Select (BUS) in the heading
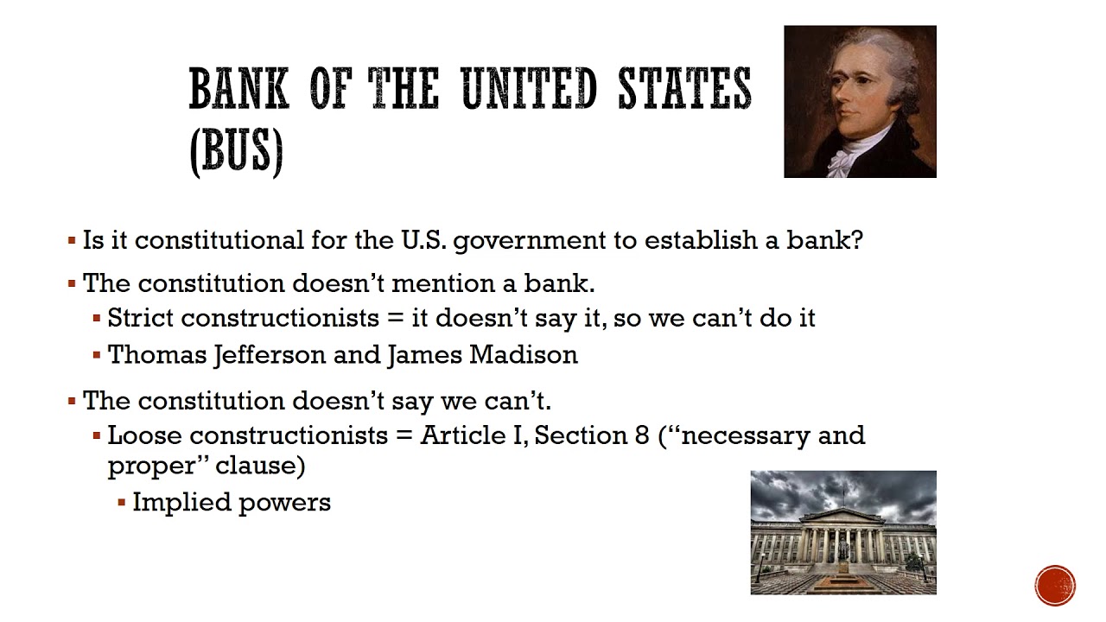(x=236, y=153)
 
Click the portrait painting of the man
(x=860, y=101)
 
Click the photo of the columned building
(x=842, y=532)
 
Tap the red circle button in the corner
(x=1055, y=585)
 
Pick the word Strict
(x=141, y=318)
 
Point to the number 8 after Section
(x=642, y=435)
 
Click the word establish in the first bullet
(x=701, y=239)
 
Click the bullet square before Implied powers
(x=122, y=503)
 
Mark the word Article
(x=459, y=435)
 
